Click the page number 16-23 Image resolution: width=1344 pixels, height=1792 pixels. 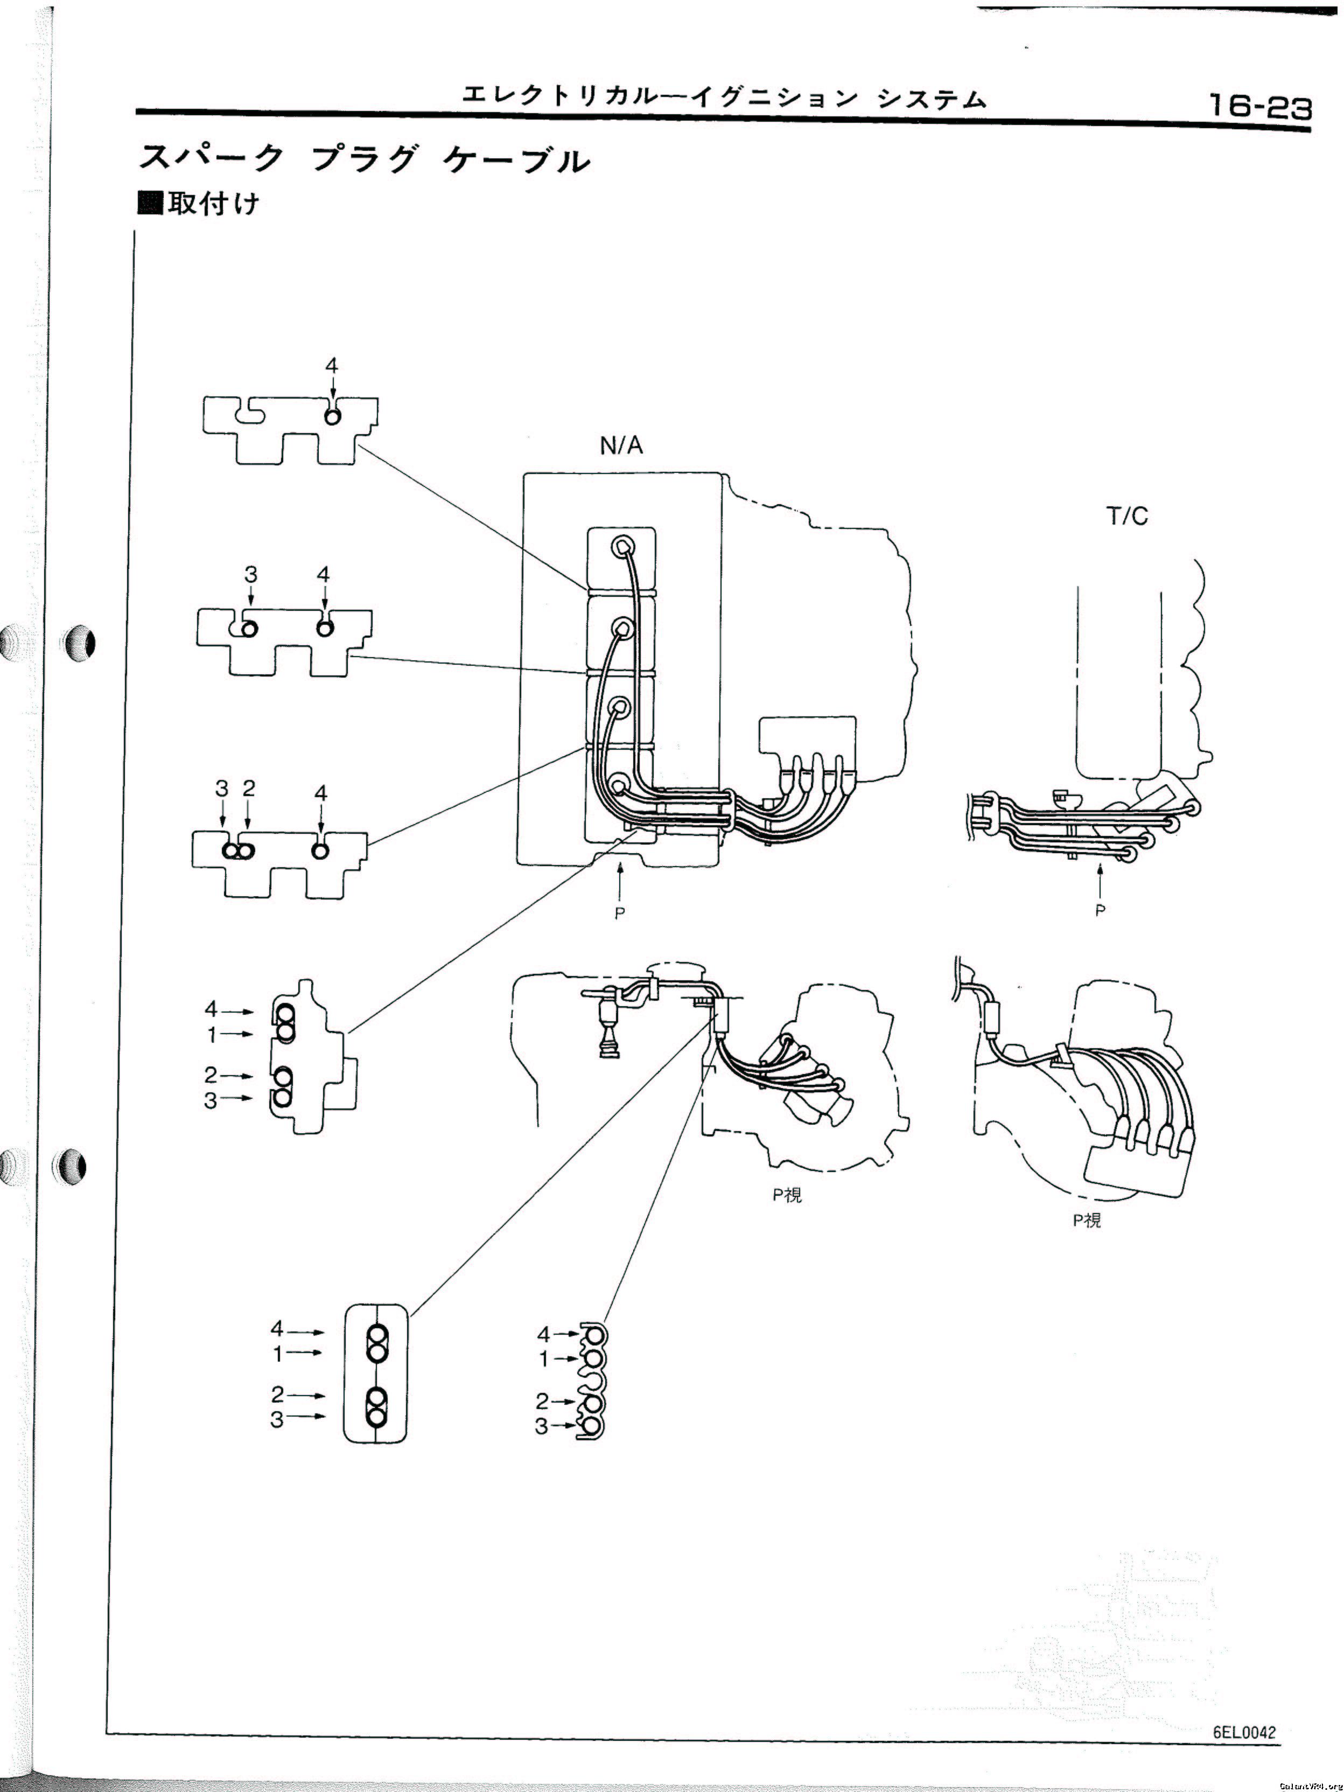1260,106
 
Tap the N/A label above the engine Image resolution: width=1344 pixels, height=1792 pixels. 621,445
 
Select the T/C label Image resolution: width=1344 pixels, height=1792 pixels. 1127,516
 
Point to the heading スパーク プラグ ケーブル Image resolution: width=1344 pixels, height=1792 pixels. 365,159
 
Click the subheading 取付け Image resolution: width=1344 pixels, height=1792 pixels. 213,203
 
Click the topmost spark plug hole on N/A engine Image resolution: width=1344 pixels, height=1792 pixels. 621,547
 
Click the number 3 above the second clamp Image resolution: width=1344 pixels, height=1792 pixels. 251,574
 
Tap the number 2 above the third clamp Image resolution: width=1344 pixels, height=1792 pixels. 249,787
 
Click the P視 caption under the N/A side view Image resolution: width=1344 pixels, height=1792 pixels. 787,1195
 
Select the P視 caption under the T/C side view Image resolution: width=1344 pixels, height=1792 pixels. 1087,1220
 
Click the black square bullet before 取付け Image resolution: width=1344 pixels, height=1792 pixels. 151,203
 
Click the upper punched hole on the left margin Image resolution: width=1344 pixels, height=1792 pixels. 79,644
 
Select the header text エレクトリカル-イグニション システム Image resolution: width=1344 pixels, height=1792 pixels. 724,99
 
